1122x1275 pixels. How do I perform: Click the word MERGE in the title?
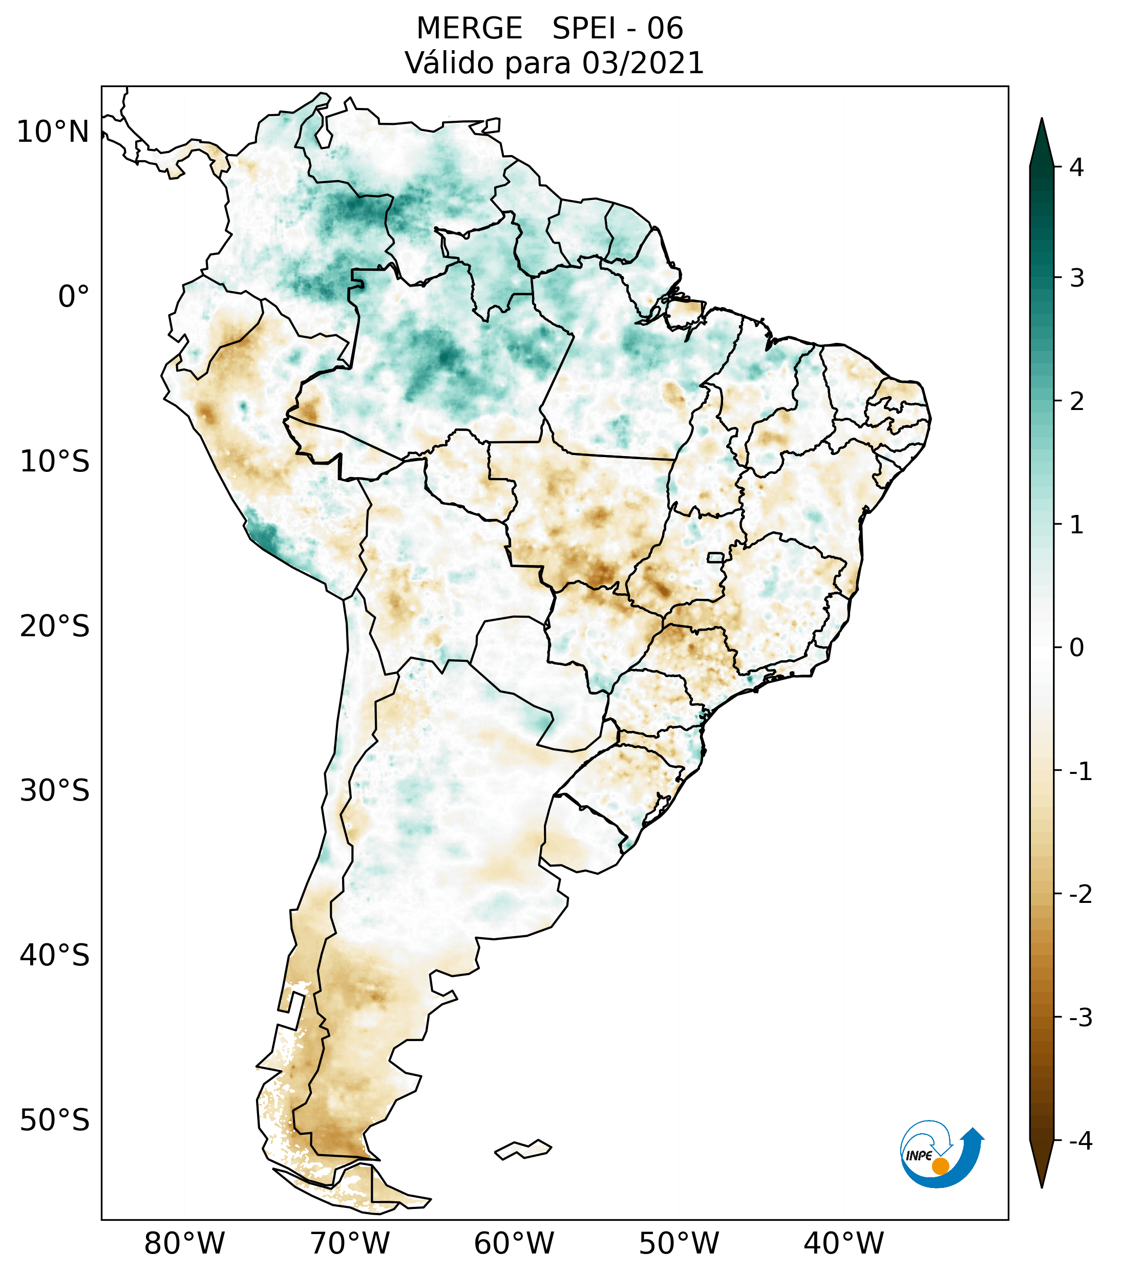tap(469, 29)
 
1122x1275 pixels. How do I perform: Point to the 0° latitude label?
tap(74, 297)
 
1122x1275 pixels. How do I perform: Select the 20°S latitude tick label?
tap(55, 626)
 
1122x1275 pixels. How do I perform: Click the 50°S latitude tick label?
tap(55, 1120)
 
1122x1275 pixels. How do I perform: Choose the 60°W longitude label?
tap(514, 1243)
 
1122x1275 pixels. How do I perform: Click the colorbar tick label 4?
tap(1076, 167)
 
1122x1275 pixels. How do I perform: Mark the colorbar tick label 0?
tap(1076, 648)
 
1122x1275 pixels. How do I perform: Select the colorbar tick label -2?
tap(1080, 895)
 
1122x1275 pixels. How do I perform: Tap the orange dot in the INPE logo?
tap(940, 1166)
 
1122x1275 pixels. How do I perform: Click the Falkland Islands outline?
tap(523, 1149)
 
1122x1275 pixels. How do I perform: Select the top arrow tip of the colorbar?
tap(1041, 120)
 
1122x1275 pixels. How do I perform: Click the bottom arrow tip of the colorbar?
tap(1041, 1186)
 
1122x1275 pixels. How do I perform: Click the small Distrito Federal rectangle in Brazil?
tap(715, 557)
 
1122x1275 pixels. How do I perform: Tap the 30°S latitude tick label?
tap(55, 791)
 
